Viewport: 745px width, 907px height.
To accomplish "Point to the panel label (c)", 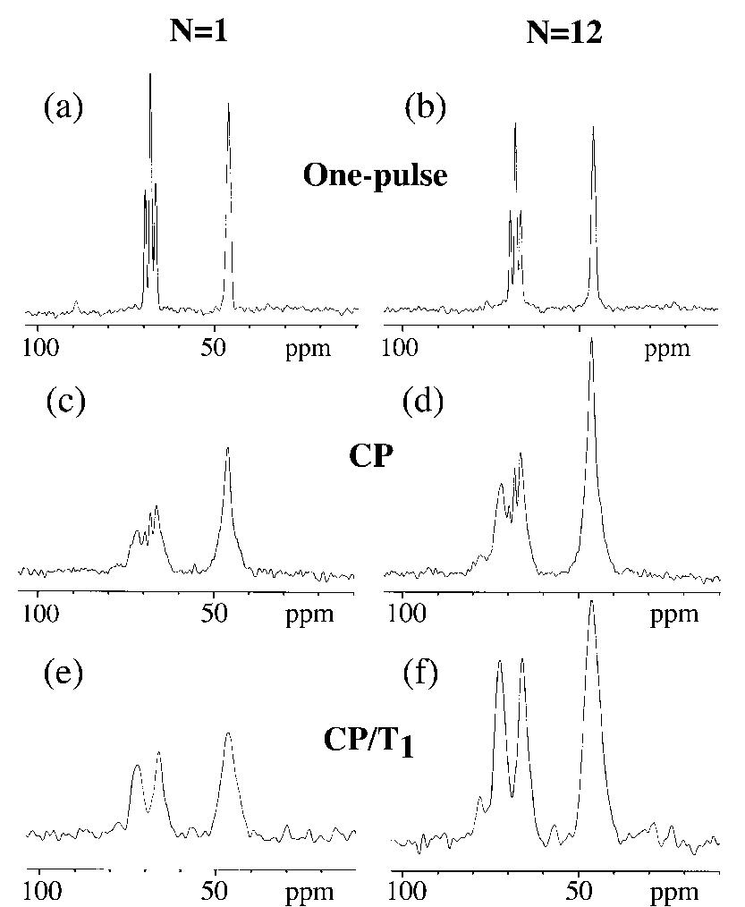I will point(65,402).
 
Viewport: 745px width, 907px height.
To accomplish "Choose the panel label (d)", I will point(427,402).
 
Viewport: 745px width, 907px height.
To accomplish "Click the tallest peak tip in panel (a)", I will point(150,74).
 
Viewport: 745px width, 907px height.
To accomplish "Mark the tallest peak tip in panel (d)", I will point(591,340).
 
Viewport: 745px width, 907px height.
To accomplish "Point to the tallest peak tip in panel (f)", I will point(591,602).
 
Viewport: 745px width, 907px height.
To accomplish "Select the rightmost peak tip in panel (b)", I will point(593,127).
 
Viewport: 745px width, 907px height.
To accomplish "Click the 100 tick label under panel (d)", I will point(407,614).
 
